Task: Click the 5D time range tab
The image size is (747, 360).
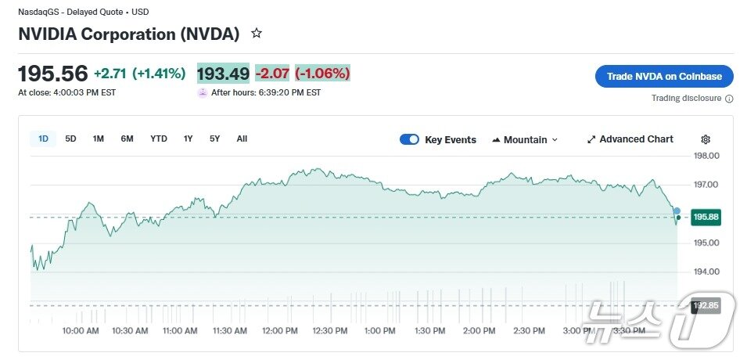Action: (x=70, y=139)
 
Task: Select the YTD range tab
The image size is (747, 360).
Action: (x=159, y=139)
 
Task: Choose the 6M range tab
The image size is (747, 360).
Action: (x=127, y=139)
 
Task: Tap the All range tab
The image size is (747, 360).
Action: (x=242, y=139)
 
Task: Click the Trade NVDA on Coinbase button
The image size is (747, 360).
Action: (x=664, y=77)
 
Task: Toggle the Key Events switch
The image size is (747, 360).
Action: (x=409, y=140)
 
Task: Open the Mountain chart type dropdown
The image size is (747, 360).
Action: (x=525, y=140)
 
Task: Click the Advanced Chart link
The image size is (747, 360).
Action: (x=630, y=139)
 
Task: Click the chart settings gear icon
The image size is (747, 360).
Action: (x=706, y=139)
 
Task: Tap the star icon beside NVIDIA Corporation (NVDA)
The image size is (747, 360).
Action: (x=256, y=34)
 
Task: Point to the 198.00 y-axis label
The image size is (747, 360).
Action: (x=706, y=156)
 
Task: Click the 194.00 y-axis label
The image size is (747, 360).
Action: (x=706, y=272)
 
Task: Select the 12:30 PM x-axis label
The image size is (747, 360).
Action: (x=329, y=331)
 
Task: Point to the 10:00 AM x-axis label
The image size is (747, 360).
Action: (x=81, y=331)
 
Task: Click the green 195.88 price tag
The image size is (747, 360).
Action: (x=706, y=217)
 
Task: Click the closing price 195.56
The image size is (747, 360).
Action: (x=53, y=74)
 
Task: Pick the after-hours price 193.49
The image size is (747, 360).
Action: (x=223, y=74)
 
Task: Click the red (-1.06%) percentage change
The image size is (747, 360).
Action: (x=322, y=74)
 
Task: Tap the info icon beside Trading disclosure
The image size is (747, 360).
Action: (x=729, y=99)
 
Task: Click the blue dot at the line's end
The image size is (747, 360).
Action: (x=677, y=212)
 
